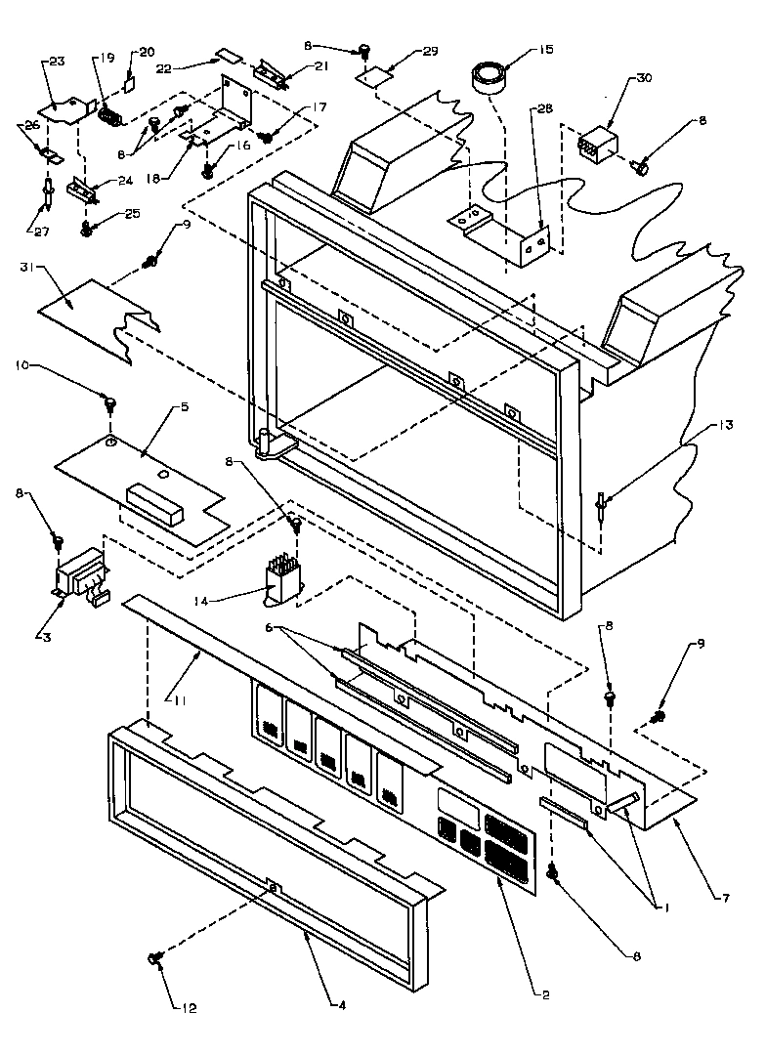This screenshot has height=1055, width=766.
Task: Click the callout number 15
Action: tap(542, 49)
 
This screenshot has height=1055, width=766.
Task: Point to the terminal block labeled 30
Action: tap(596, 145)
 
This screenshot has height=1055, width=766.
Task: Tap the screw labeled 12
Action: tap(155, 961)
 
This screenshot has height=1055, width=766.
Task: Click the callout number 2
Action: tap(542, 993)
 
